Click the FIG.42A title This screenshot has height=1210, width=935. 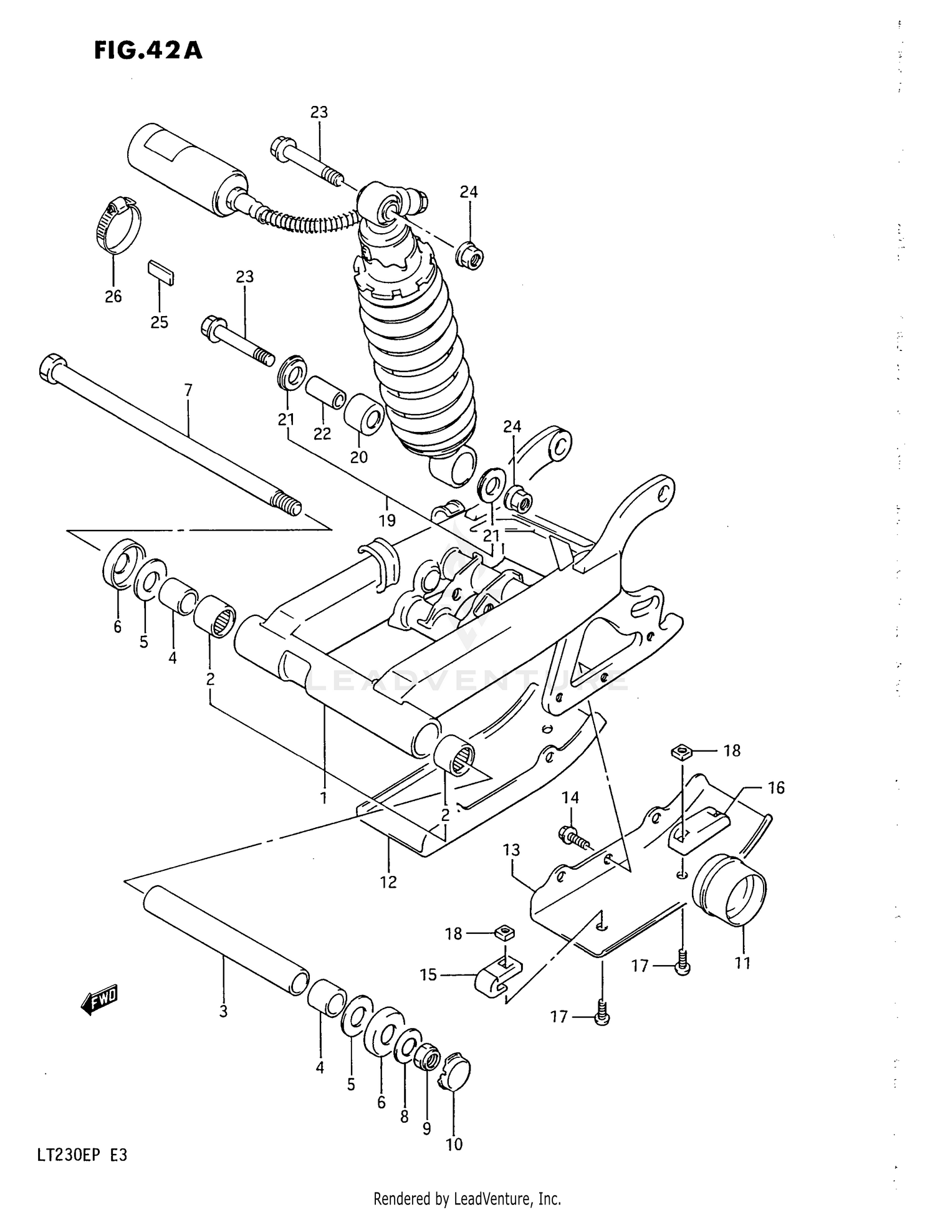(x=148, y=50)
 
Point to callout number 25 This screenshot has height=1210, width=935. (x=160, y=322)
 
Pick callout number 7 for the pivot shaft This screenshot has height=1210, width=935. (x=188, y=391)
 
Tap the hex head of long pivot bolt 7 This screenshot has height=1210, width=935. (x=52, y=366)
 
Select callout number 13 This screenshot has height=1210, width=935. (x=511, y=850)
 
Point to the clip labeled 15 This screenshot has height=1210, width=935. (x=497, y=977)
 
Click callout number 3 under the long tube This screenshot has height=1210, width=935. (x=223, y=1012)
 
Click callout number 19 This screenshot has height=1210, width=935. (x=387, y=520)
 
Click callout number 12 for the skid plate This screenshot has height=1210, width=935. (x=388, y=882)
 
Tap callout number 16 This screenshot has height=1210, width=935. (x=776, y=788)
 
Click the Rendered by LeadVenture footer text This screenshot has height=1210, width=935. (x=467, y=1198)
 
